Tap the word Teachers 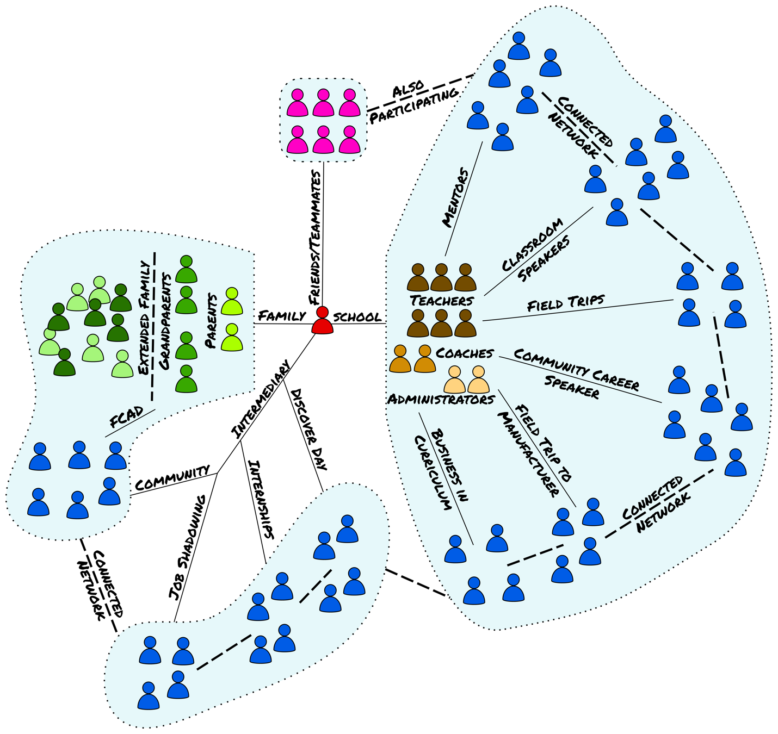(442, 300)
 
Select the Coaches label (464, 353)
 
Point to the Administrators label (441, 400)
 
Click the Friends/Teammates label (315, 237)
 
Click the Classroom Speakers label (536, 250)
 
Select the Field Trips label (566, 303)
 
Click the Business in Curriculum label (442, 471)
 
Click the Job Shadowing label (187, 547)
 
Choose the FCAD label (126, 417)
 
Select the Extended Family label (144, 318)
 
